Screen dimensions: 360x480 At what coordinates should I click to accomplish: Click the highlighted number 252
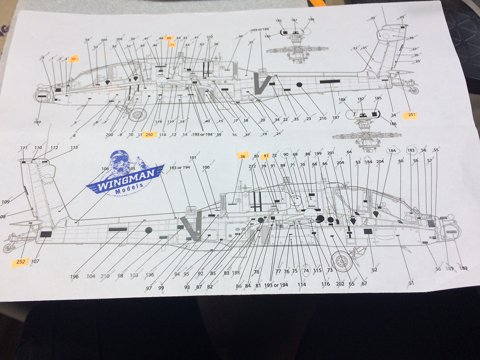(x=20, y=262)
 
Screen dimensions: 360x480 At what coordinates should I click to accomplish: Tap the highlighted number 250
(x=149, y=135)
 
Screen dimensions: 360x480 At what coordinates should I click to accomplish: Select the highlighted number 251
(x=412, y=115)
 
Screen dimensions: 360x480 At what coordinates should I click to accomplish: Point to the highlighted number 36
(x=242, y=156)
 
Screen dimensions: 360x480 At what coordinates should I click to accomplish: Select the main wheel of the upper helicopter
(x=137, y=115)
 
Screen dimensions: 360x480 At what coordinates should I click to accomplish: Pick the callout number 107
(x=35, y=262)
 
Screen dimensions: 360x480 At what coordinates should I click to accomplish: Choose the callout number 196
(x=75, y=277)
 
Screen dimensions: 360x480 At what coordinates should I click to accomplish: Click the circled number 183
(x=411, y=150)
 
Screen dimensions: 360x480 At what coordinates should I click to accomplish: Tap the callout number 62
(x=374, y=270)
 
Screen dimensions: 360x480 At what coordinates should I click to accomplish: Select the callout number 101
(x=193, y=158)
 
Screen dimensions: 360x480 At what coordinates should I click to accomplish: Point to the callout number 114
(x=302, y=284)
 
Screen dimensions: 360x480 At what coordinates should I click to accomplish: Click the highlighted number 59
(x=73, y=59)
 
